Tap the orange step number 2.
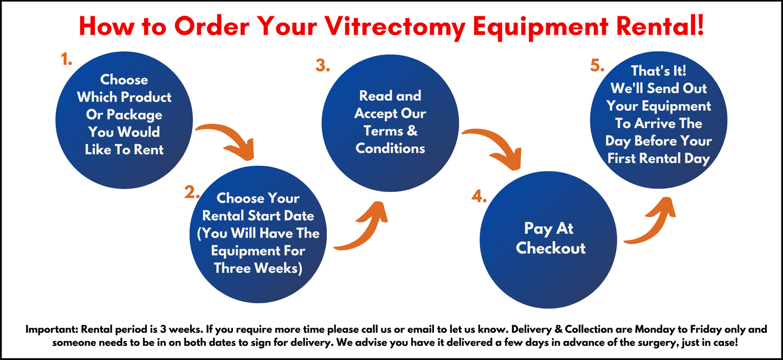[192, 192]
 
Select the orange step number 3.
[322, 66]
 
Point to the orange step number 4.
[479, 196]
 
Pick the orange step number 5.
[597, 66]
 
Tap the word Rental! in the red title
[660, 26]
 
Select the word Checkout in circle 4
[551, 248]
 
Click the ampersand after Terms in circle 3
[412, 131]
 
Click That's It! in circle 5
[658, 70]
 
